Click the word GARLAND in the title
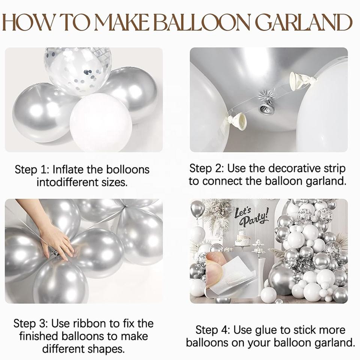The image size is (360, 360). point(303,22)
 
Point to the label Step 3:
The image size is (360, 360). point(30,324)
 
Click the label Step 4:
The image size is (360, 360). point(213,330)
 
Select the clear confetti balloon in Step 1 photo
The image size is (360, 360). point(78,70)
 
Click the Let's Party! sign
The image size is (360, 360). point(251,216)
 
